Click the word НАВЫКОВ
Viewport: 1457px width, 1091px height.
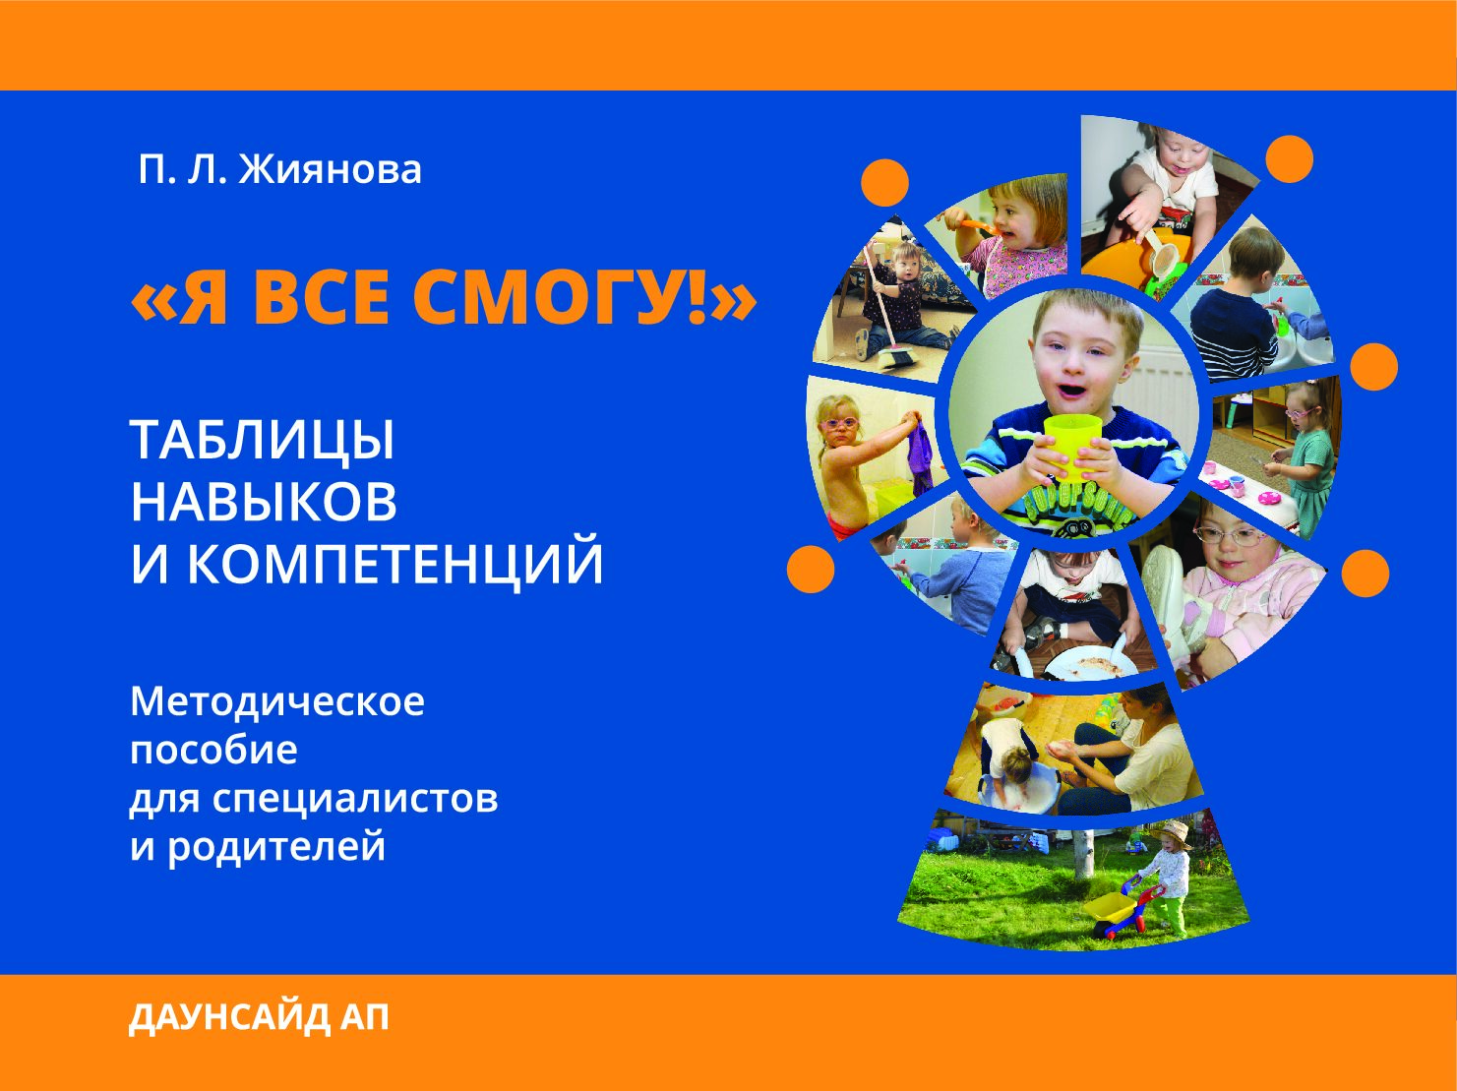pyautogui.click(x=264, y=502)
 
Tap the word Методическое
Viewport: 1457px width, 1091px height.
pyautogui.click(x=277, y=701)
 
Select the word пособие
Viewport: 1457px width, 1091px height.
pyautogui.click(x=213, y=750)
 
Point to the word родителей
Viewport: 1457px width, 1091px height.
pyautogui.click(x=275, y=846)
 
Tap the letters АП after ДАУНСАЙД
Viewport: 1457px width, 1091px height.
pyautogui.click(x=364, y=1018)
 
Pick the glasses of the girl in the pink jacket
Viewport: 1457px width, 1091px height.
pyautogui.click(x=1230, y=536)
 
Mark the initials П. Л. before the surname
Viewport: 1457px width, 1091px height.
pyautogui.click(x=182, y=169)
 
